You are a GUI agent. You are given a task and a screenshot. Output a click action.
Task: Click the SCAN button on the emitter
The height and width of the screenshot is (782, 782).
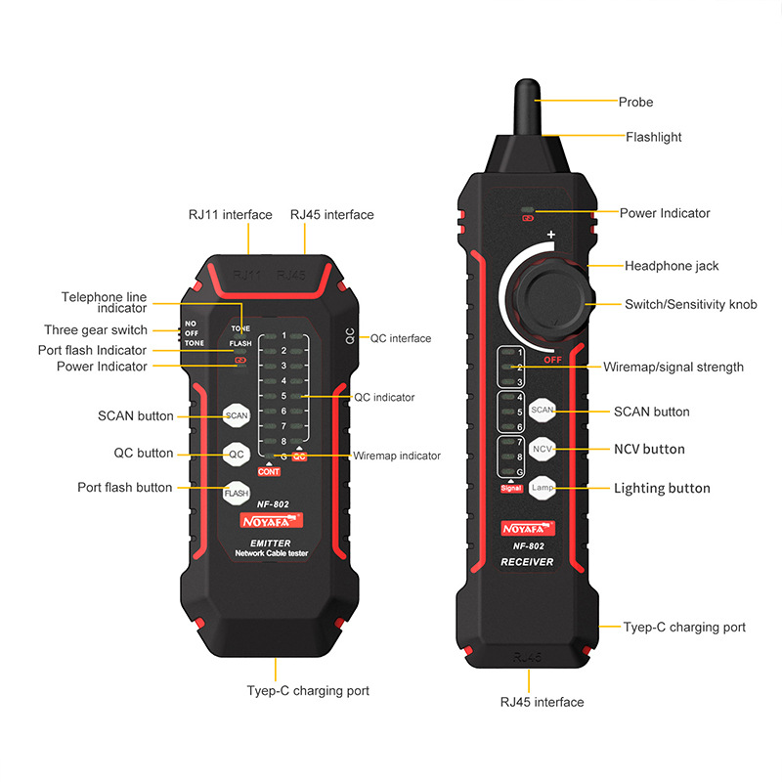point(237,415)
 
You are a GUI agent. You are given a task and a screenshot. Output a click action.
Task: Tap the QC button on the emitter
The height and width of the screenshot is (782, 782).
point(237,454)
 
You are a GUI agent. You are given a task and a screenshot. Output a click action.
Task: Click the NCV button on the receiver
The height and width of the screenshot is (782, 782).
point(543,448)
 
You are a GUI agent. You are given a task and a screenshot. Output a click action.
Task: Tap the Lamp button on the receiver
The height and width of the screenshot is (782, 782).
point(543,487)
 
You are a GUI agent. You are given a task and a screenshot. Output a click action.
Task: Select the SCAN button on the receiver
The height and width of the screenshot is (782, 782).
point(543,411)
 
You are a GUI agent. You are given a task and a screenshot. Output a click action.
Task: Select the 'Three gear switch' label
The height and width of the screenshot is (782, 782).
point(96,330)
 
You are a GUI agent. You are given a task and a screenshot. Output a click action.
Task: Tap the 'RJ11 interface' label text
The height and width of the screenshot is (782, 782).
point(231,214)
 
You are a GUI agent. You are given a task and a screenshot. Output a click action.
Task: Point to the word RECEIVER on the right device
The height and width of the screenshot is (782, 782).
point(527,562)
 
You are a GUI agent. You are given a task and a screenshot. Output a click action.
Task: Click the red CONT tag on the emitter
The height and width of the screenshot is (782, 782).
point(269,472)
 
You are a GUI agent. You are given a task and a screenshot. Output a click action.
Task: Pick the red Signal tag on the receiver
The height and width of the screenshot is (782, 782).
point(510,487)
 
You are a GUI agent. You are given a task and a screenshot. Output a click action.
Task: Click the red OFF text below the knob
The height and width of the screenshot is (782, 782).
point(552,359)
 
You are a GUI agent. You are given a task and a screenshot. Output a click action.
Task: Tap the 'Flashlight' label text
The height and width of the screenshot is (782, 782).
point(653,137)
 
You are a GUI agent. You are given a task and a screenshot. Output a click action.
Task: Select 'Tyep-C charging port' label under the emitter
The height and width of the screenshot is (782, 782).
point(308,690)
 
